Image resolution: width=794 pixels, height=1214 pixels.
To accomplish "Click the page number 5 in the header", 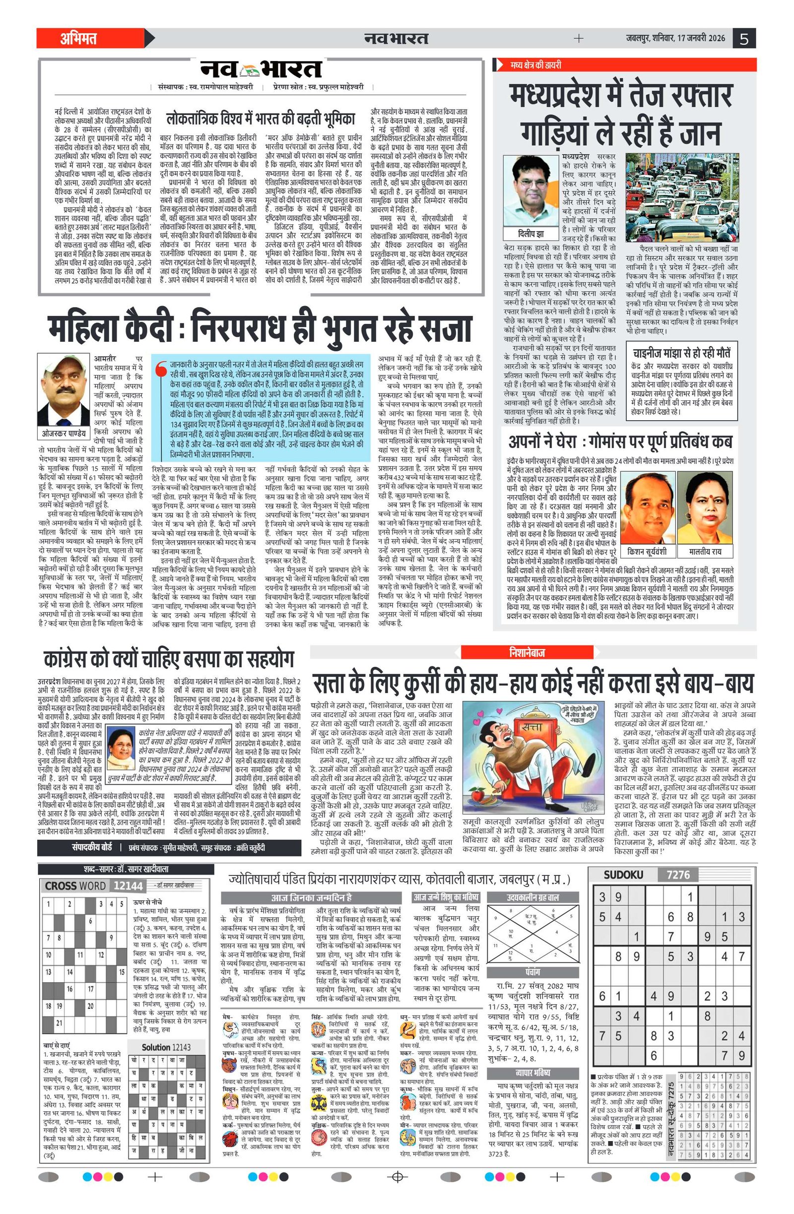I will click(744, 38).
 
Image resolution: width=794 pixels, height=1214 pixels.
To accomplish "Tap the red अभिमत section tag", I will click(78, 38).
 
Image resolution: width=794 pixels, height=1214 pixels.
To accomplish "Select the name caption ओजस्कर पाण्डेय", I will click(64, 433).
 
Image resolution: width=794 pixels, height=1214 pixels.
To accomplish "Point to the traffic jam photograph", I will click(682, 197).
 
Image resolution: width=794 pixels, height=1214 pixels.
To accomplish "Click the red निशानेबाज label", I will click(527, 652).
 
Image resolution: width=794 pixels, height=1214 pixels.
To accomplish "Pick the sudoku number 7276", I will click(678, 875).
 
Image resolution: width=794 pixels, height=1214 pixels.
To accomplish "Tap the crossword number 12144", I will click(128, 886).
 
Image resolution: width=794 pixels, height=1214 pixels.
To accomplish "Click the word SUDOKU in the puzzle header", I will click(623, 875).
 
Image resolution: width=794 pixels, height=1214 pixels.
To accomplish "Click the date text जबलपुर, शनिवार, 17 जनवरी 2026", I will click(675, 38).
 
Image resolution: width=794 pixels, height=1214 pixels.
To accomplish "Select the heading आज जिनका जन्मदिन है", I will click(311, 898).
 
